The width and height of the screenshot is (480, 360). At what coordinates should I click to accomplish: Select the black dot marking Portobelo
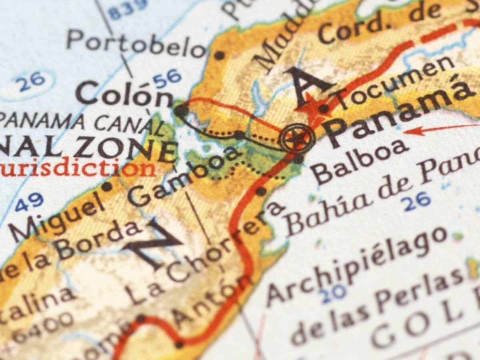coord(219,55)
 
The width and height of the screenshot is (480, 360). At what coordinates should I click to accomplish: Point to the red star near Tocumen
coord(311,109)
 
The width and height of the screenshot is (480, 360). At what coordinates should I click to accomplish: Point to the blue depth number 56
coord(167,79)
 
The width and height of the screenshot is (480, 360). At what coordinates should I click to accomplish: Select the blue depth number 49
coord(29,202)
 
